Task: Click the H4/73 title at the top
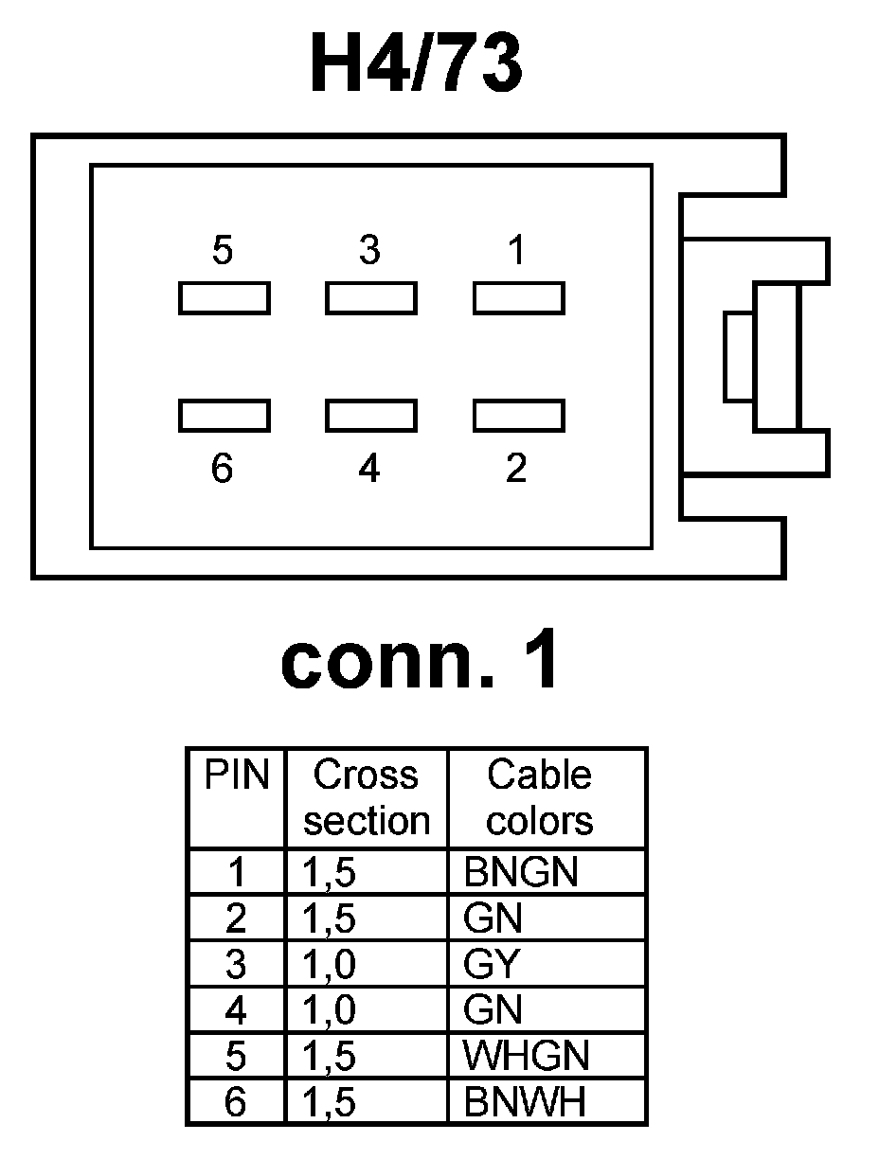(x=416, y=64)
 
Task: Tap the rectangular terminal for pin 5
(x=224, y=298)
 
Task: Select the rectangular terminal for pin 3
(x=371, y=298)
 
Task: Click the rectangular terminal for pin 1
(x=519, y=298)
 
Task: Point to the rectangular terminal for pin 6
(x=224, y=416)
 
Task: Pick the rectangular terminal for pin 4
(x=371, y=416)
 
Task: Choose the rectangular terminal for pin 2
(x=519, y=416)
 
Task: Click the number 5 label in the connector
(x=223, y=251)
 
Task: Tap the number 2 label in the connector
(x=516, y=468)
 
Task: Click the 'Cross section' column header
(x=367, y=797)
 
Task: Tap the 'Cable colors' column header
(x=540, y=797)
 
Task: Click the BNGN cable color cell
(x=521, y=872)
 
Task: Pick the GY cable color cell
(x=493, y=964)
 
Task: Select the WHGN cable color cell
(x=527, y=1056)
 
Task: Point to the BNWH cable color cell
(x=525, y=1101)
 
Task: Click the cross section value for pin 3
(x=330, y=964)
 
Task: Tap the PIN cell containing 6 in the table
(x=236, y=1101)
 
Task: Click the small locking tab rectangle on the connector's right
(x=739, y=356)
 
